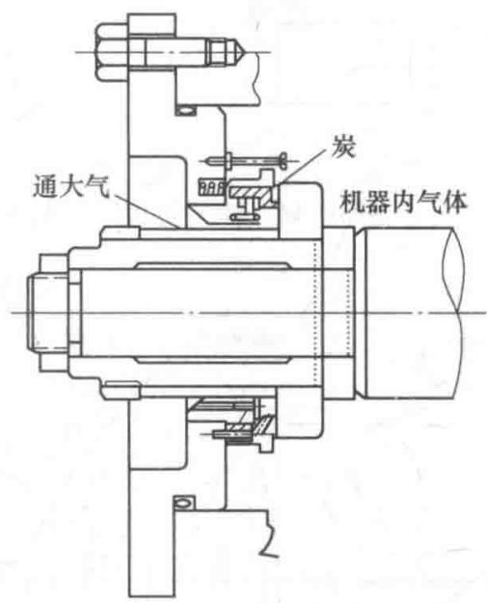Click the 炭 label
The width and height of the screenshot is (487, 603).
[343, 147]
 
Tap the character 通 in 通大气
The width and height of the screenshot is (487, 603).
[45, 186]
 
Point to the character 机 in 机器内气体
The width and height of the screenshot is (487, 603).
[352, 203]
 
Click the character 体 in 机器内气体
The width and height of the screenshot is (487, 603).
[454, 202]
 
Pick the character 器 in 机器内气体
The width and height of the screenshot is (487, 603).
[377, 203]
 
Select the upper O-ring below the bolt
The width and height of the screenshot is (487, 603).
[185, 111]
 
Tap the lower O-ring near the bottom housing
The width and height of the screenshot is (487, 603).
[182, 503]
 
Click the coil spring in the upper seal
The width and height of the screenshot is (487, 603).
[211, 187]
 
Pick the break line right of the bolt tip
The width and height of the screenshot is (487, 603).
[258, 79]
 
